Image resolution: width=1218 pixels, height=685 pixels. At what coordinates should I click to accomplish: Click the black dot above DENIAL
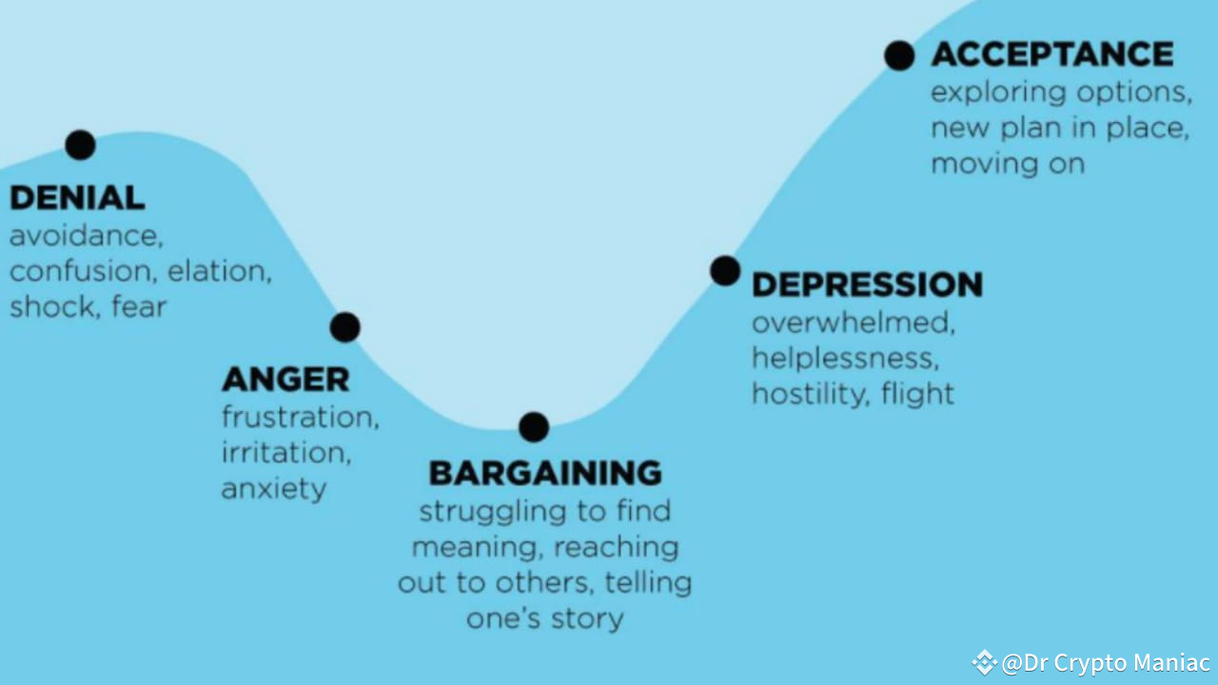point(80,145)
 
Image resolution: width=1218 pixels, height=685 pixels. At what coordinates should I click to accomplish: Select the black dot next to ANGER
point(344,327)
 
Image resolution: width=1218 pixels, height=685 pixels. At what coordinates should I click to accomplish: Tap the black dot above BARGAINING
point(534,427)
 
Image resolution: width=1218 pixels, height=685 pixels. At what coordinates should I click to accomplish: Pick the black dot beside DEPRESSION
point(724,271)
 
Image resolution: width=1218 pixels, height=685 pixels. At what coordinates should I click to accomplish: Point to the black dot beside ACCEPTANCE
point(898,55)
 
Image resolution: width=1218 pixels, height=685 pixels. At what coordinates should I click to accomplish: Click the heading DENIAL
point(77,198)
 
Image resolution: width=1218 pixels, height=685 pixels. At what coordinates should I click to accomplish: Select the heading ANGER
point(285,380)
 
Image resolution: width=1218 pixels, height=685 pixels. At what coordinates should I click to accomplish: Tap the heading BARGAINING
point(545,473)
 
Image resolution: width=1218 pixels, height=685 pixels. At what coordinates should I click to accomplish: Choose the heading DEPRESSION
point(867,284)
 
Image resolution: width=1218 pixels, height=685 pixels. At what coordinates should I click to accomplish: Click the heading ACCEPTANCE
point(1051,54)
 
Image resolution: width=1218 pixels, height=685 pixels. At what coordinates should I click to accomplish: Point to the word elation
point(219,271)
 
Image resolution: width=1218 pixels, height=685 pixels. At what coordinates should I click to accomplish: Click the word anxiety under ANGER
point(274,488)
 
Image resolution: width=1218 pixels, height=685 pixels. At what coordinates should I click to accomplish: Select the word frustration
point(300,418)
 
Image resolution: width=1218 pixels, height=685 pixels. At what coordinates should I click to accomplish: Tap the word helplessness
point(844,359)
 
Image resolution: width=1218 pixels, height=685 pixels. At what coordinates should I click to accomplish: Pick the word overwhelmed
point(853,323)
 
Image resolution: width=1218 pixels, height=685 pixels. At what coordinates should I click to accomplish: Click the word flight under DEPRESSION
point(917,394)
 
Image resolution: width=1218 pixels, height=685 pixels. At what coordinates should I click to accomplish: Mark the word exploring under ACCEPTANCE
point(997,93)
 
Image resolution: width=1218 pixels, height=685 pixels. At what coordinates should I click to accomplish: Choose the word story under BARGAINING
point(586,619)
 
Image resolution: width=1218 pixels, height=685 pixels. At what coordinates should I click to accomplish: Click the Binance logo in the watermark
point(984,662)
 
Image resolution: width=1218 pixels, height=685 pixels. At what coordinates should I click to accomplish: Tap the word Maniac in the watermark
point(1171,662)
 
